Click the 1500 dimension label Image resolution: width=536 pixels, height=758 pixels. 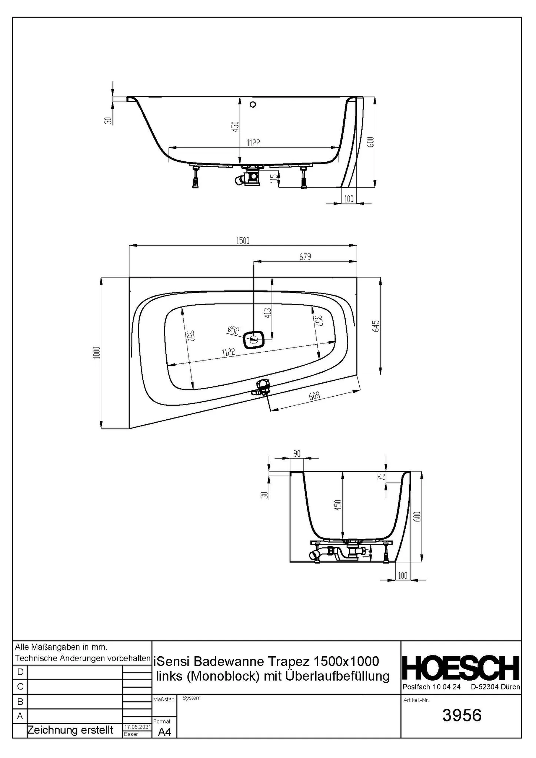point(243,241)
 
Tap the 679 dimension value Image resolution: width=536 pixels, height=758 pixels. point(305,256)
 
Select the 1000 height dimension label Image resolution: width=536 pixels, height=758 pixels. point(97,352)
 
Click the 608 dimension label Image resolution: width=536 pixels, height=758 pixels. point(314,397)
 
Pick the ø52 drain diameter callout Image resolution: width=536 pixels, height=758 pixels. point(233,330)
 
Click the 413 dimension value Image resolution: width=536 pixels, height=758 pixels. point(268,313)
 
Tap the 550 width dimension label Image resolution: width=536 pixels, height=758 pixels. point(190,336)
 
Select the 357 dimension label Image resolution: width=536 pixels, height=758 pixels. point(318,321)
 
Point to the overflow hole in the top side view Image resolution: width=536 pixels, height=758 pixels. point(253,104)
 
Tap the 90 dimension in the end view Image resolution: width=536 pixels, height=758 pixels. point(297,454)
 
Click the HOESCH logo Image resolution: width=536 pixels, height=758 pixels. point(461,668)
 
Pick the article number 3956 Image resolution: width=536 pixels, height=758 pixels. point(462,715)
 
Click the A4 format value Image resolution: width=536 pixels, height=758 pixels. point(164,732)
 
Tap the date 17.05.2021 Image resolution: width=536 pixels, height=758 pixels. point(137,727)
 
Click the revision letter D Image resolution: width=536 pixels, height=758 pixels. point(20,672)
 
